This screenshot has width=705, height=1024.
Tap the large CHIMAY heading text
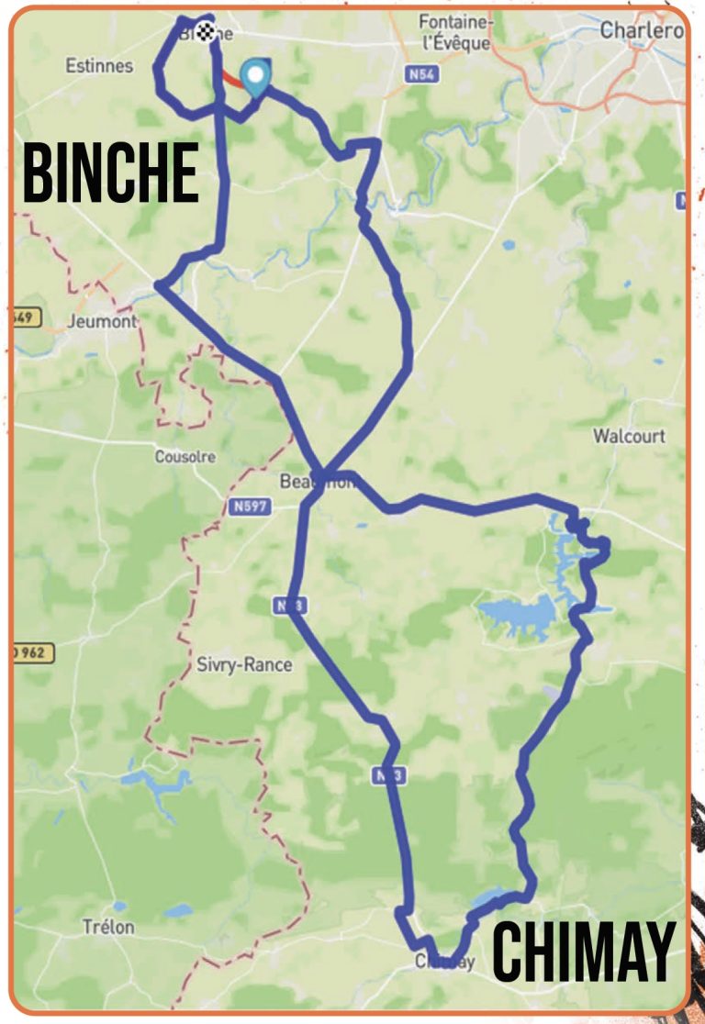pos(584,952)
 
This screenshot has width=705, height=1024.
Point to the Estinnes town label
pos(99,66)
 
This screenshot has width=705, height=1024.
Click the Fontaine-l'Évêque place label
pos(454,32)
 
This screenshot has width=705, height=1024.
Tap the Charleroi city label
pos(642,30)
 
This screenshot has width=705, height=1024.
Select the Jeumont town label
pos(102,321)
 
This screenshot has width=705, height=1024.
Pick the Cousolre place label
pos(185,456)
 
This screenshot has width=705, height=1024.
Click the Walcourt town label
pos(629,436)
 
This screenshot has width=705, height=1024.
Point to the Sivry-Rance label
pos(244,664)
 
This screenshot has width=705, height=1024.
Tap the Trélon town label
pos(107,927)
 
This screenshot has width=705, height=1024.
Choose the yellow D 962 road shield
pos(33,653)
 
